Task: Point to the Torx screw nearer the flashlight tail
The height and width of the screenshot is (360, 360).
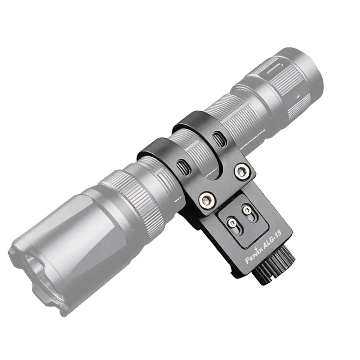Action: click(247, 211)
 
